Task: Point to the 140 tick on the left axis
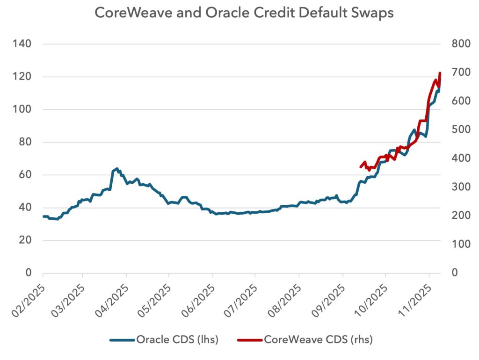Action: (x=22, y=44)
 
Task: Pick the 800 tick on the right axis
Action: (x=460, y=44)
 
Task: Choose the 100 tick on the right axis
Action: (x=460, y=245)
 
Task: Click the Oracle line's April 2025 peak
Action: (x=116, y=168)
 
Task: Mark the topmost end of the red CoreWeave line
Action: (x=440, y=73)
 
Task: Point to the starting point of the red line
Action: (x=360, y=166)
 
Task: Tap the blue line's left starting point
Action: (x=43, y=216)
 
